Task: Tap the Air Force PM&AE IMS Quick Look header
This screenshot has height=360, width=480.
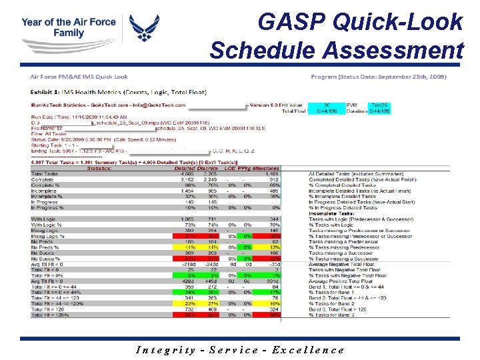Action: coord(79,77)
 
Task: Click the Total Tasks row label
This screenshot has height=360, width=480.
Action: coord(45,174)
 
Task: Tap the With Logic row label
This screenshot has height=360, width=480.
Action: coord(45,219)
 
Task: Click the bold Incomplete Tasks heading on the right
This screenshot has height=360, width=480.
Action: coord(332,214)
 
